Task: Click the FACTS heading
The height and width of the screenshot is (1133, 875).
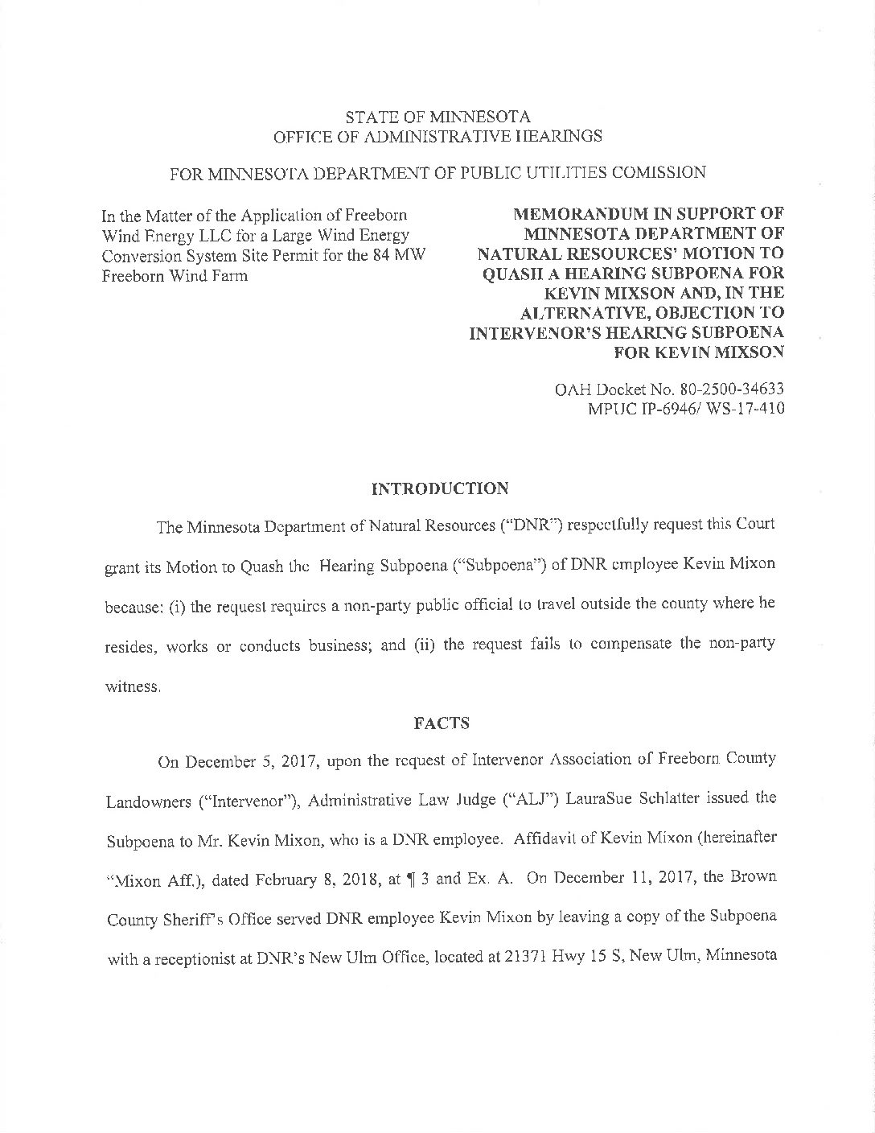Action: coord(441,723)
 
